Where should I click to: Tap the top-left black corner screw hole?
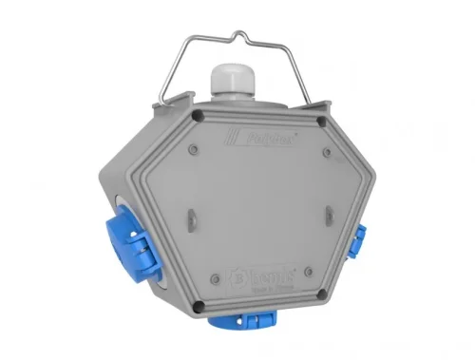coord(197,116)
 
